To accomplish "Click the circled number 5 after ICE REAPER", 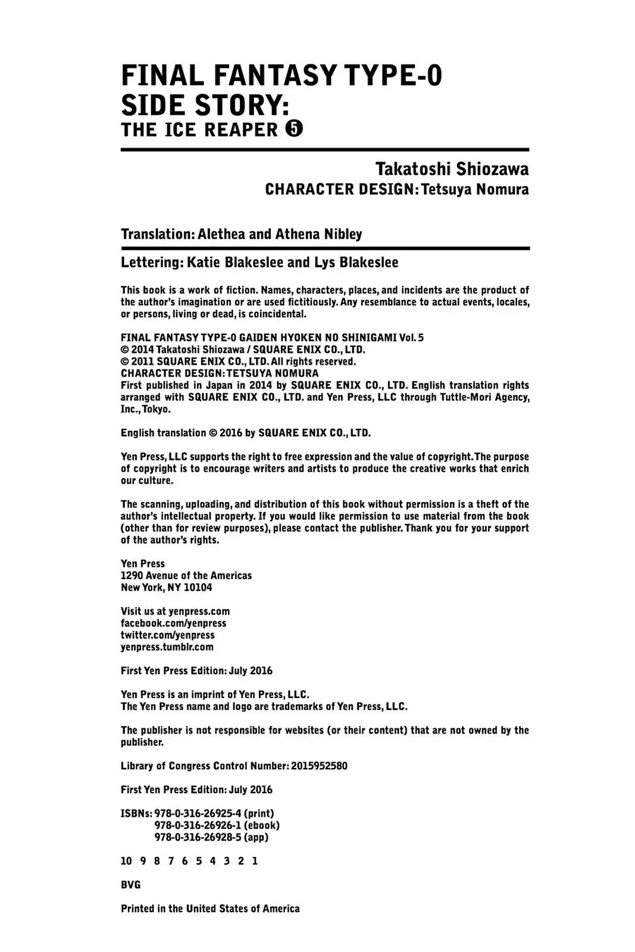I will coord(294,129).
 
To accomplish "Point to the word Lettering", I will coord(151,262).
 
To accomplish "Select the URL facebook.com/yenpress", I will coord(173,623).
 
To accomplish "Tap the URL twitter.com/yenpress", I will coord(167,635).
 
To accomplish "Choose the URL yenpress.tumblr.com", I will coord(167,647).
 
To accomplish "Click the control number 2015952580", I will coord(319,766).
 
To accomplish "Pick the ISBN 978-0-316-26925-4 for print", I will coord(198,813).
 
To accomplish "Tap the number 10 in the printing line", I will coord(126,861).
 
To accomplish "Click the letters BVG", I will coord(130,885).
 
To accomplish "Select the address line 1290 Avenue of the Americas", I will coord(186,575).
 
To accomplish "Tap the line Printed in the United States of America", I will coord(210,909).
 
